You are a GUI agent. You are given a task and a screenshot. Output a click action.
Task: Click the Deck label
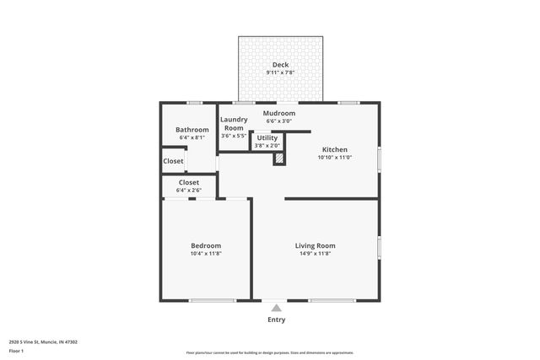tap(279, 65)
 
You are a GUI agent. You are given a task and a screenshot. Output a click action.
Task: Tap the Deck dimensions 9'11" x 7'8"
tap(279, 73)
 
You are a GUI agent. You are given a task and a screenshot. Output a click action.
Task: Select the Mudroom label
tap(278, 113)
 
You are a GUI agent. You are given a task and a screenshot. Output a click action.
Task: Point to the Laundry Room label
tap(233, 124)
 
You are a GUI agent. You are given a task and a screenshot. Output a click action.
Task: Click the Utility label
tap(267, 137)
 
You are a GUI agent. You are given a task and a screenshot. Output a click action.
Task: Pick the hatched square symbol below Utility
tap(278, 158)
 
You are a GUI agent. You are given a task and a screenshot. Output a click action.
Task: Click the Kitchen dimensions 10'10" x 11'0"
tap(334, 157)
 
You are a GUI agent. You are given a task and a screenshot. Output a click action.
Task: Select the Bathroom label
tap(192, 130)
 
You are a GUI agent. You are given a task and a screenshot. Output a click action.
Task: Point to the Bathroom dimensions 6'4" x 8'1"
tap(192, 137)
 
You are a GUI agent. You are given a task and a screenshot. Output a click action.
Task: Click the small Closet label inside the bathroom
tap(173, 161)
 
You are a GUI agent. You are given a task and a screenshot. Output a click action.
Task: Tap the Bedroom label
tap(206, 245)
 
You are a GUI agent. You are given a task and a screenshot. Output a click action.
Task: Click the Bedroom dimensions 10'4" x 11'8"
tap(206, 253)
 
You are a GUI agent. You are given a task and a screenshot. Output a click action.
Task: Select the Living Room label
tap(315, 245)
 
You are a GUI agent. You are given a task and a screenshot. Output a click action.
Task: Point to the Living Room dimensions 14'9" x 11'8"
tap(315, 253)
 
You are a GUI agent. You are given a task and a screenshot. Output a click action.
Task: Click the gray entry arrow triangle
tap(276, 309)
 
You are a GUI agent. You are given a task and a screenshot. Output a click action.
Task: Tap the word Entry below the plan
tap(276, 320)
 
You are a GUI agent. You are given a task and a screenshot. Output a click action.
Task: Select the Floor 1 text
tap(17, 351)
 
